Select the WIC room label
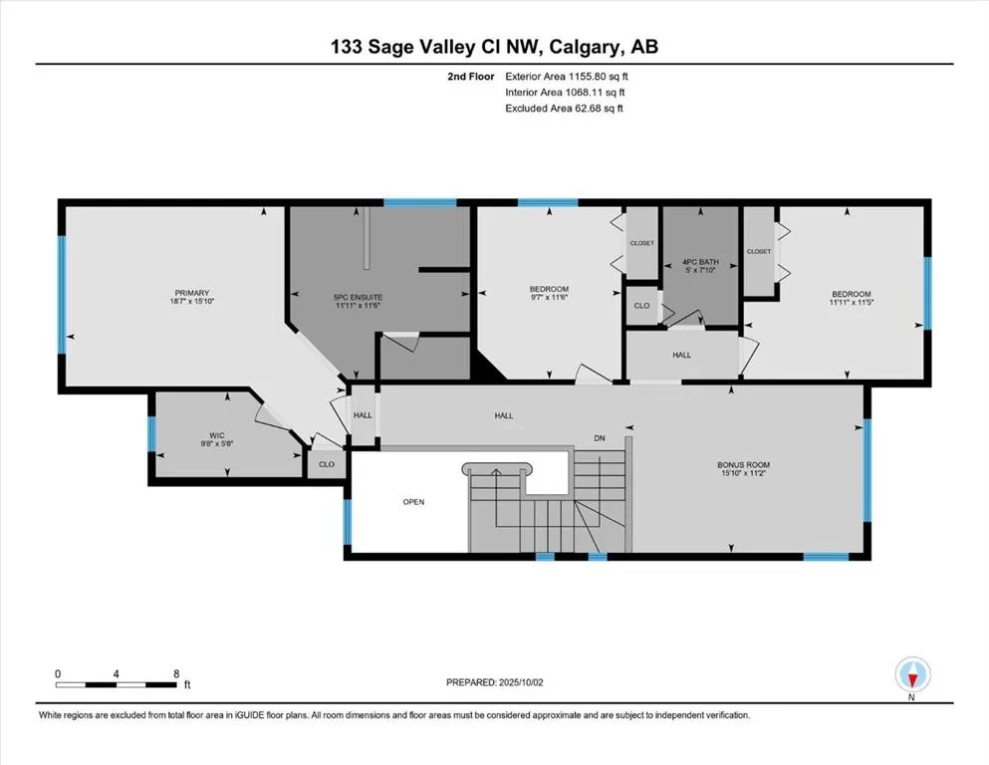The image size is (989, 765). pyautogui.click(x=216, y=434)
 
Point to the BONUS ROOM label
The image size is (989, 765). pyautogui.click(x=744, y=464)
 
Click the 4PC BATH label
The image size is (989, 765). pyautogui.click(x=700, y=264)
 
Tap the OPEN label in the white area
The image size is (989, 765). pyautogui.click(x=413, y=502)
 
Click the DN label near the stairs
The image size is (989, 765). pyautogui.click(x=600, y=437)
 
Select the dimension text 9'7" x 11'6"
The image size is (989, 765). pyautogui.click(x=549, y=299)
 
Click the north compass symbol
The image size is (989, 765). pyautogui.click(x=912, y=675)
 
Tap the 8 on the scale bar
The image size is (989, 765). pyautogui.click(x=176, y=674)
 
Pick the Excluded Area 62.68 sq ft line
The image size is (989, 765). pyautogui.click(x=564, y=109)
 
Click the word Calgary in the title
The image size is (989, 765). pyautogui.click(x=594, y=46)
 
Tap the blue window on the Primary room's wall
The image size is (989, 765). pyautogui.click(x=61, y=295)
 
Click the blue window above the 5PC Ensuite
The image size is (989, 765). pyautogui.click(x=419, y=203)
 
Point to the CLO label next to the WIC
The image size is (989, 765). pyautogui.click(x=326, y=464)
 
